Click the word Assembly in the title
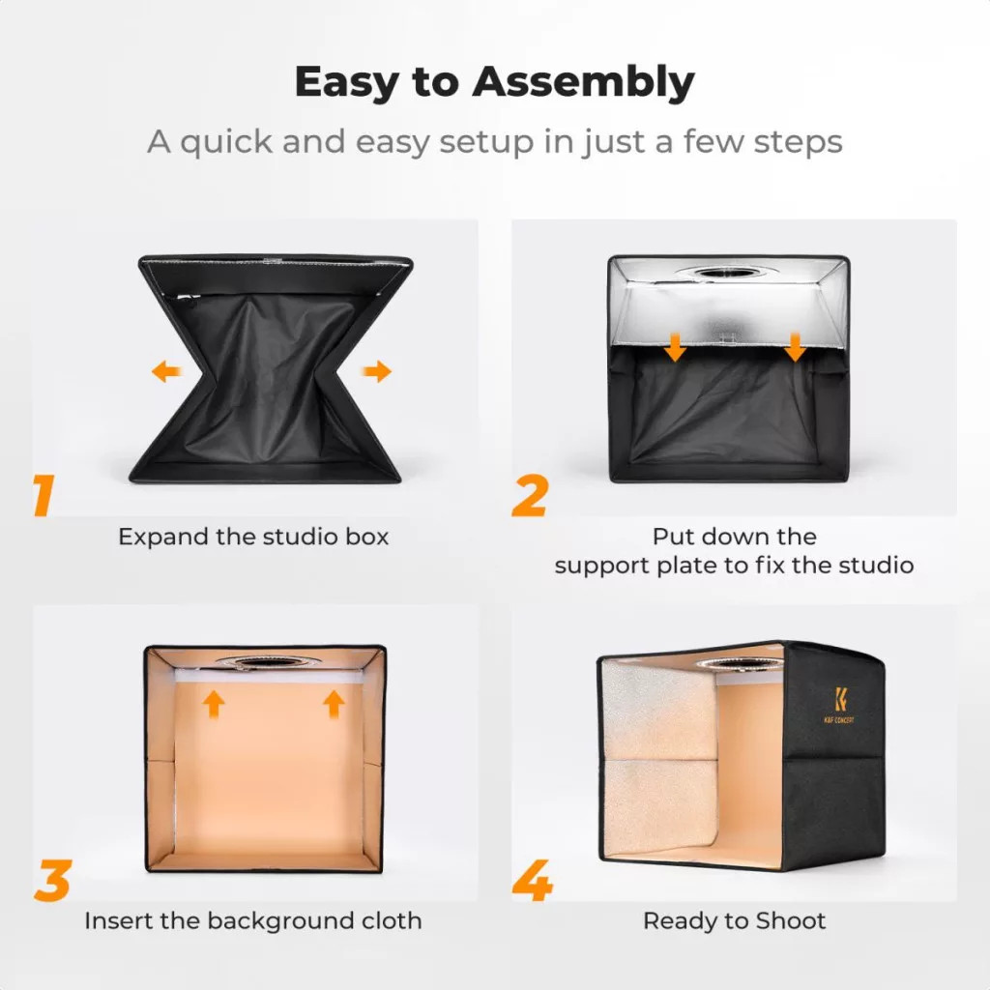[583, 83]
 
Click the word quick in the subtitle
[225, 142]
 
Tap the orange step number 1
[44, 496]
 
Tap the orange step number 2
[530, 496]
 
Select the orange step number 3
[52, 880]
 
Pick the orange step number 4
[533, 880]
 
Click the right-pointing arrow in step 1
[377, 371]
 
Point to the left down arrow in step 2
[676, 347]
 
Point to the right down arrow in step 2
[795, 347]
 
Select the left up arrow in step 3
[214, 704]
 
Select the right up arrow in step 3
[334, 704]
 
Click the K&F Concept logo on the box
[840, 706]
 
